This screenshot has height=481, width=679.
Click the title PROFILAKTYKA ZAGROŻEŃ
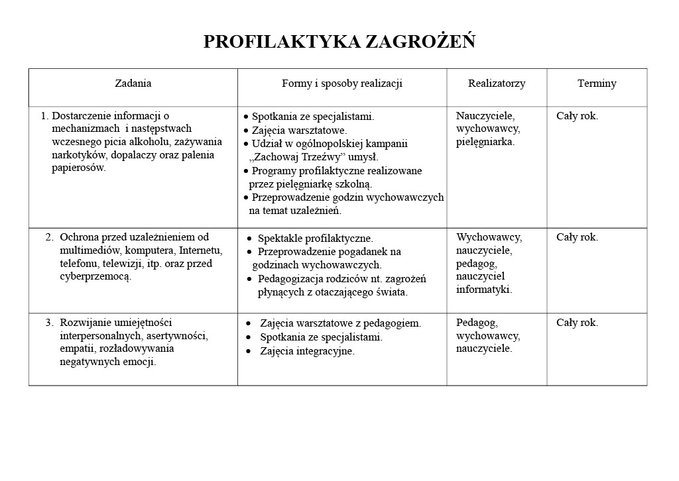339,42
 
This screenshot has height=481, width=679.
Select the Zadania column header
133,83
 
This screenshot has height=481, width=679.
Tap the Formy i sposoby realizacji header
341,83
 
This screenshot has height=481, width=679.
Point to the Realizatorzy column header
496,83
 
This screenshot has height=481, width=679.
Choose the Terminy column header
596,83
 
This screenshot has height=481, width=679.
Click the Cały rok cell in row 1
577,116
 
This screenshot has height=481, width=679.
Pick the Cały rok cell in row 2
577,237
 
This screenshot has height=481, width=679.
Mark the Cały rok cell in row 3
577,323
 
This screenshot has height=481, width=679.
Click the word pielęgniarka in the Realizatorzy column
485,142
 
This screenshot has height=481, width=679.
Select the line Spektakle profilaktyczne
315,239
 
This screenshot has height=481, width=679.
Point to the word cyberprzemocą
95,277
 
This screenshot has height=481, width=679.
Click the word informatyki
483,290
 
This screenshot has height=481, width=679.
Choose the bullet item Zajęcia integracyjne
307,351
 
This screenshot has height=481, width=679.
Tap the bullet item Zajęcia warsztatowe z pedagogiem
340,323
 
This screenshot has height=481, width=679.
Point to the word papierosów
78,168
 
